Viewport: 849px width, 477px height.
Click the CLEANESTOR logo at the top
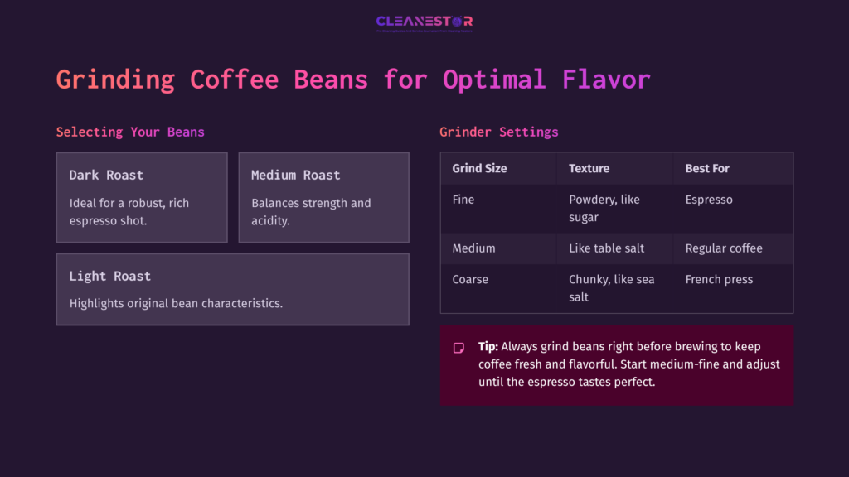(x=424, y=22)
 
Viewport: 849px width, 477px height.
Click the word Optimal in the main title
(x=494, y=79)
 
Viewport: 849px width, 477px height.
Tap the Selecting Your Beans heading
(x=130, y=132)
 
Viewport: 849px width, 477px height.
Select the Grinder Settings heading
(x=498, y=132)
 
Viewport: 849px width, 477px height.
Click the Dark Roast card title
(x=106, y=175)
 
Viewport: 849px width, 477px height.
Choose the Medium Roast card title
(x=295, y=175)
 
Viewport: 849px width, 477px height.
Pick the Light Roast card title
(x=109, y=276)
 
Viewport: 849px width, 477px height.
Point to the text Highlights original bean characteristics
(x=176, y=303)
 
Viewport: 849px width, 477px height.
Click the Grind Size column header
(x=479, y=168)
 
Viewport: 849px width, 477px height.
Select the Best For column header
(x=707, y=168)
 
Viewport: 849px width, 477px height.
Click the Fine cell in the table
(x=463, y=200)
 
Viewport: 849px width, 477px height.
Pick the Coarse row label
(x=470, y=279)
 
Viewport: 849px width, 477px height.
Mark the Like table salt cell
(x=606, y=248)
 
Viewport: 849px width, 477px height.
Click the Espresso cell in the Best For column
(x=709, y=200)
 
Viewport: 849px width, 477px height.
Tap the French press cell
(x=719, y=279)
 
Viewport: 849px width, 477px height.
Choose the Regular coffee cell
(x=723, y=248)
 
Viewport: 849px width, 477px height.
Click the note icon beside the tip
(x=458, y=348)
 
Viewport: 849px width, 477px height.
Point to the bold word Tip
(x=488, y=346)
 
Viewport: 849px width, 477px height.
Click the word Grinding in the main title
(x=115, y=79)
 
